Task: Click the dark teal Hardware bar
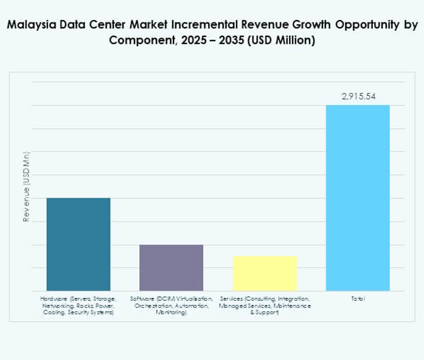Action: pos(78,244)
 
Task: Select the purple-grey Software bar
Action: pos(171,268)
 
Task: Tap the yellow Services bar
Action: pos(265,273)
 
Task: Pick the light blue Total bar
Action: pos(358,198)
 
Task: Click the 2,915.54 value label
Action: pos(358,96)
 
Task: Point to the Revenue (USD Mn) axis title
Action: pos(26,187)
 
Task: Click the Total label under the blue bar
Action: pos(358,299)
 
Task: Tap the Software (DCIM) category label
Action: pos(171,306)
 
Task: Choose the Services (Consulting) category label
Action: pos(264,306)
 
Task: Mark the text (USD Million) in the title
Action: pos(279,41)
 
